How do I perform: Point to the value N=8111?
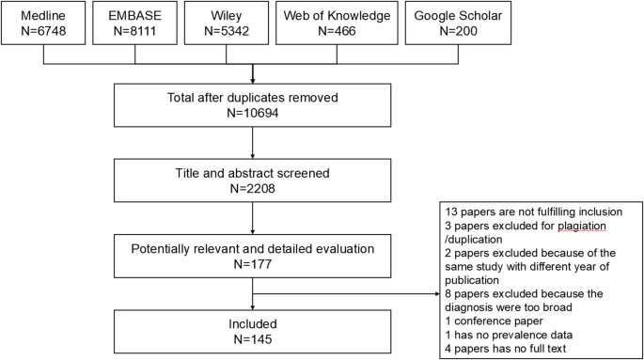click(x=150, y=33)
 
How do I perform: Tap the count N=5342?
click(x=250, y=33)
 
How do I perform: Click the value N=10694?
click(x=251, y=112)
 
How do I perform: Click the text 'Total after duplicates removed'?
click(x=251, y=97)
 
